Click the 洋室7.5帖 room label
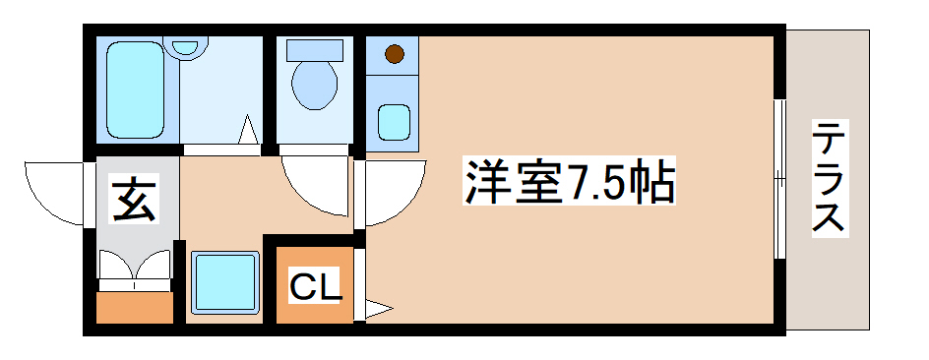click(570, 183)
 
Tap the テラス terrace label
click(829, 177)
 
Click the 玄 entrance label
click(135, 200)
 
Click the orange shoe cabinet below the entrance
click(135, 308)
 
